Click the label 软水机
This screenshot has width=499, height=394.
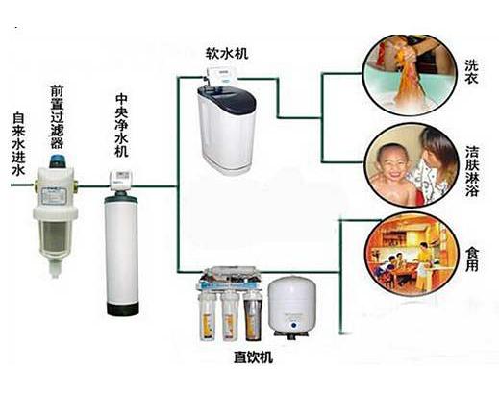227,53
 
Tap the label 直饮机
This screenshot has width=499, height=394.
253,357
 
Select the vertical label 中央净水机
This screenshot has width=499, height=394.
122,125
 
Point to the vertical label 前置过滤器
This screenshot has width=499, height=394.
57,117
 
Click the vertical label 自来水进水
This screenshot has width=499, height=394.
18,144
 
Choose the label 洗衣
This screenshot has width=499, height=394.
472,72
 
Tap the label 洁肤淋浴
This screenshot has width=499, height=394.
472,171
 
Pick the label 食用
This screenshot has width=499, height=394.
472,259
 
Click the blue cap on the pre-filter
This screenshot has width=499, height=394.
57,161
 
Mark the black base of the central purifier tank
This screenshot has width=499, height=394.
123,308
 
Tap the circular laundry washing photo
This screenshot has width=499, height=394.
410,74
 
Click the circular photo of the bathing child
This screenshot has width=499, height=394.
412,164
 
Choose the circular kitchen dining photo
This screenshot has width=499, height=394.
412,254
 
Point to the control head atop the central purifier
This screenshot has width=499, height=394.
121,179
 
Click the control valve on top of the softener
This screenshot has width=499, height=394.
221,76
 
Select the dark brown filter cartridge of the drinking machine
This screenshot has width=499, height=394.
253,316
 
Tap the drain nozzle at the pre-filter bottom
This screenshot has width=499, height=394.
55,268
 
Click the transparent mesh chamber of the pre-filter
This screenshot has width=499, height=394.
55,236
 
